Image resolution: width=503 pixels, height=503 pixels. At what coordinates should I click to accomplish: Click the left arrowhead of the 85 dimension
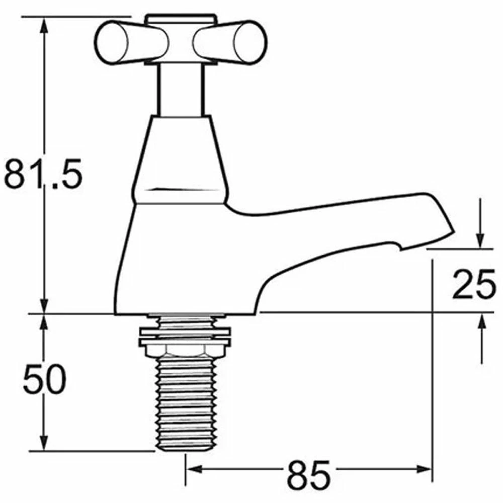point(194,470)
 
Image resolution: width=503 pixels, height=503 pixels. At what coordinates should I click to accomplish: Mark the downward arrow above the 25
point(480,239)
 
